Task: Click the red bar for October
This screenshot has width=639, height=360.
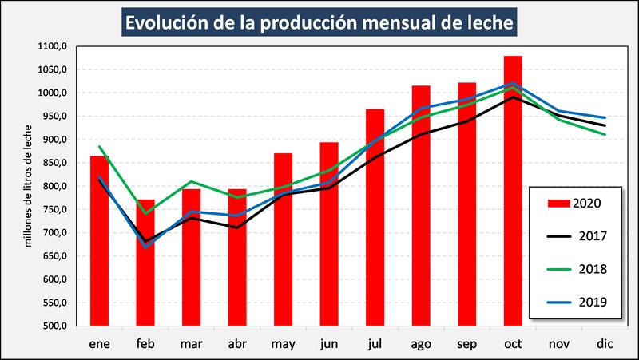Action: coord(513,192)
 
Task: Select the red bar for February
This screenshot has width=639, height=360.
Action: coord(145,263)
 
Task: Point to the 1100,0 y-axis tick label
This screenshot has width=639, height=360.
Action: coord(52,47)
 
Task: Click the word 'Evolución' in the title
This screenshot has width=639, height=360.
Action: coord(169,22)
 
